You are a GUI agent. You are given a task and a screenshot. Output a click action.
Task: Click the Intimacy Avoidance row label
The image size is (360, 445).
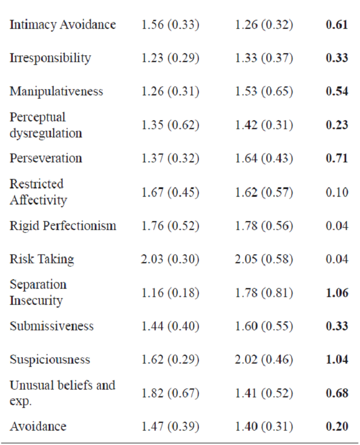point(63,25)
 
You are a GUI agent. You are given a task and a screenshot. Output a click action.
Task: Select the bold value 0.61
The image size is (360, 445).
point(337,25)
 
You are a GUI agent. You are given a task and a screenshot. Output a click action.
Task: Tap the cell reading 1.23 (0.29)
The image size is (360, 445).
point(169,58)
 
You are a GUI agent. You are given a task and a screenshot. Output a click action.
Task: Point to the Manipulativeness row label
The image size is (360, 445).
point(56,91)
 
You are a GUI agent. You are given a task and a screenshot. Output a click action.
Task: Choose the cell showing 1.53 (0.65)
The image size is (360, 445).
point(264,91)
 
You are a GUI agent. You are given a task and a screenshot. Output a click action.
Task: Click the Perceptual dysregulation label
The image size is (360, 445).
point(45,125)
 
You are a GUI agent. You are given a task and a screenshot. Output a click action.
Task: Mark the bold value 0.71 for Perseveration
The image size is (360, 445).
point(337,158)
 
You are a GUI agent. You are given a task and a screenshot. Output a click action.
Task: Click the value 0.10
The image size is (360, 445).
point(337,192)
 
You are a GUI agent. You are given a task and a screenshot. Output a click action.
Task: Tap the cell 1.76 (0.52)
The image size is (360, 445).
point(169,226)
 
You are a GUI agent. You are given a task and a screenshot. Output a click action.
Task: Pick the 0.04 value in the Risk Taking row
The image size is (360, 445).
point(337,259)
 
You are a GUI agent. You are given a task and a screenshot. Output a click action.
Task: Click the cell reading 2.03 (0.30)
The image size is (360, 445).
point(169,259)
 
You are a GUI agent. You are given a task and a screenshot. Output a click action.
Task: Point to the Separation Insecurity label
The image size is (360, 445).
point(38,293)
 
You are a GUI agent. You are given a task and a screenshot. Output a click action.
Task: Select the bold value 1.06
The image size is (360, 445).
point(337,293)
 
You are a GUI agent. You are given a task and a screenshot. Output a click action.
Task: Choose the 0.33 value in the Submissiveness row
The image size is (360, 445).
point(337,326)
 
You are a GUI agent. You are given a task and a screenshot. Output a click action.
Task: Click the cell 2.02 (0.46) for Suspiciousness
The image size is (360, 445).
point(264,360)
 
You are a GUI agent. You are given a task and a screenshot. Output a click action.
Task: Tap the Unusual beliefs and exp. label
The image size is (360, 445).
point(62,392)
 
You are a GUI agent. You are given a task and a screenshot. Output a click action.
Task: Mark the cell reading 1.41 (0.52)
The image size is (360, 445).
point(264,393)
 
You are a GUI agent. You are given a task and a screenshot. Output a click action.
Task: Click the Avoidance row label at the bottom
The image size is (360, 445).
point(38,427)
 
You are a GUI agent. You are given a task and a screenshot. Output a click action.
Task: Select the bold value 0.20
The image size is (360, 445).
point(337,427)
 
